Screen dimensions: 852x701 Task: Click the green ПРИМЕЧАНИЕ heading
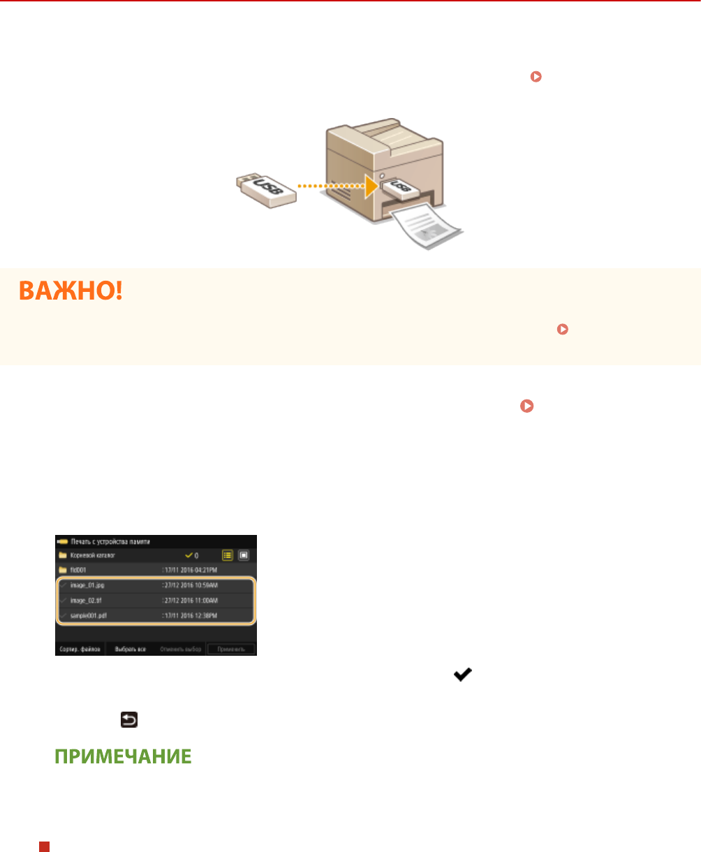click(122, 757)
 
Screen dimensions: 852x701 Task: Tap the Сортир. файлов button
click(80, 649)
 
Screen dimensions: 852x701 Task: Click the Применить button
click(231, 649)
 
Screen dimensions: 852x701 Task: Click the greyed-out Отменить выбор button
click(180, 649)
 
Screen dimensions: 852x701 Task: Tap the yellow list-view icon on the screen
click(228, 556)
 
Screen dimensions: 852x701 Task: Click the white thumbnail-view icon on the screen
click(243, 556)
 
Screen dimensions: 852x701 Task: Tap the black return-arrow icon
click(129, 719)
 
